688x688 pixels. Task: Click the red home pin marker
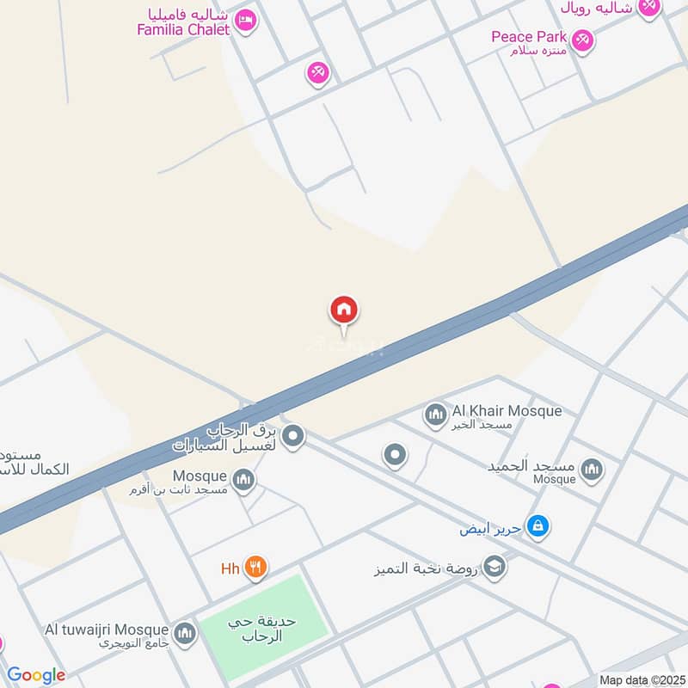[344, 310]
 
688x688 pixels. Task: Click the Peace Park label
[529, 37]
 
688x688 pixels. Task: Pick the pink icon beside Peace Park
[583, 40]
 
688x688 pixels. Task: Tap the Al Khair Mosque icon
[435, 415]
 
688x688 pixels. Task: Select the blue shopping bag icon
[537, 525]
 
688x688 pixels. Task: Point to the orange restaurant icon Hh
[255, 568]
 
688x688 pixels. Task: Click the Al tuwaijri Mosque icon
[184, 635]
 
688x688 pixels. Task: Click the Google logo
[36, 675]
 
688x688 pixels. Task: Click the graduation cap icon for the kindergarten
[494, 566]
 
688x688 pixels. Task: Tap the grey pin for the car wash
[293, 437]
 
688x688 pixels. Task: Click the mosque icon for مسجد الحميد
[591, 470]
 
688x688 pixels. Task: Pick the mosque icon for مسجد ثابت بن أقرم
[244, 480]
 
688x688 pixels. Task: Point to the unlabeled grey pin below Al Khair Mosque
[395, 455]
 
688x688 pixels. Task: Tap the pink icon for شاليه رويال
[649, 7]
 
